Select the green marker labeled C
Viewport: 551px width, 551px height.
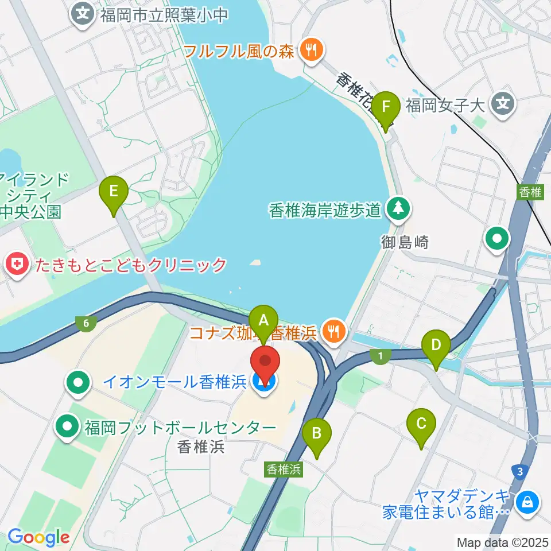pos(421,425)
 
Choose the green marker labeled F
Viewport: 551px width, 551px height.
pos(386,107)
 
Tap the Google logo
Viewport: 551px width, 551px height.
pos(38,537)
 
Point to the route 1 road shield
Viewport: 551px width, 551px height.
pos(380,356)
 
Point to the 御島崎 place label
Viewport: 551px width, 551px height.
pos(405,243)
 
